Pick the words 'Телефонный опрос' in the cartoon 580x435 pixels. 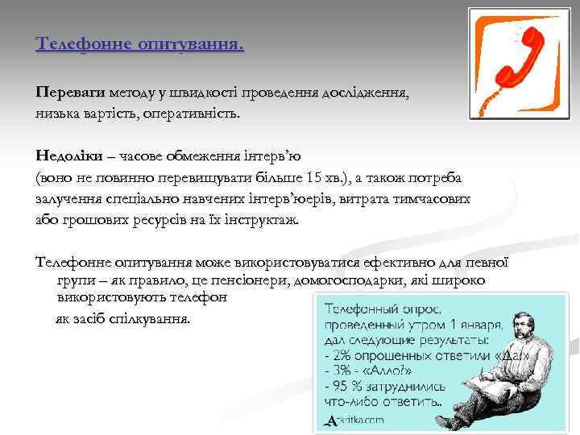click(382, 309)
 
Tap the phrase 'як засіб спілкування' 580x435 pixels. click(123, 318)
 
